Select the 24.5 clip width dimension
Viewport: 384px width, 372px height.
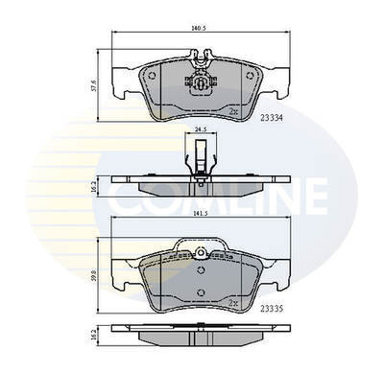199,128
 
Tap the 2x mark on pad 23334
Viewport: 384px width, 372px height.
232,112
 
